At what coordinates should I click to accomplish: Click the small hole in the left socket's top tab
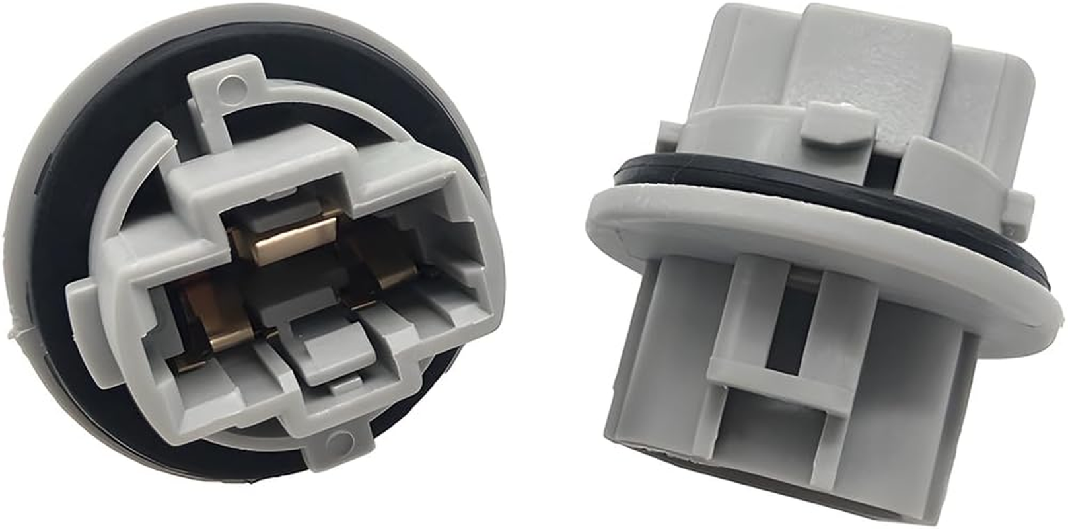[231, 84]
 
